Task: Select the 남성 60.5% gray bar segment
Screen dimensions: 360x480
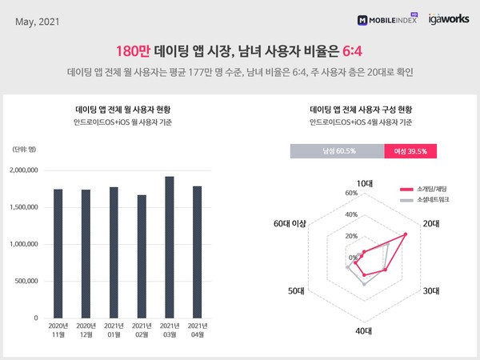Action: [337, 150]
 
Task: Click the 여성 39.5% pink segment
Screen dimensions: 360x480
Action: [411, 150]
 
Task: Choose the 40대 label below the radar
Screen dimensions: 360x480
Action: [364, 330]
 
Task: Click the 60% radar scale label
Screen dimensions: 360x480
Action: [350, 194]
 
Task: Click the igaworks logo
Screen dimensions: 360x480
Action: [442, 18]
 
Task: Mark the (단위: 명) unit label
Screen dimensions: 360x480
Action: [26, 150]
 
